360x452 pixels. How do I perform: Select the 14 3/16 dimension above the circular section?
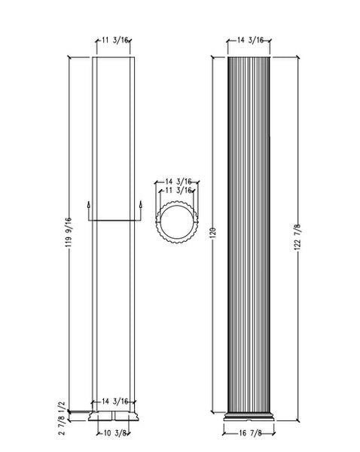tap(175, 182)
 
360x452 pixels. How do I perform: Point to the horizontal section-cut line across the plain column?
tap(114, 221)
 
